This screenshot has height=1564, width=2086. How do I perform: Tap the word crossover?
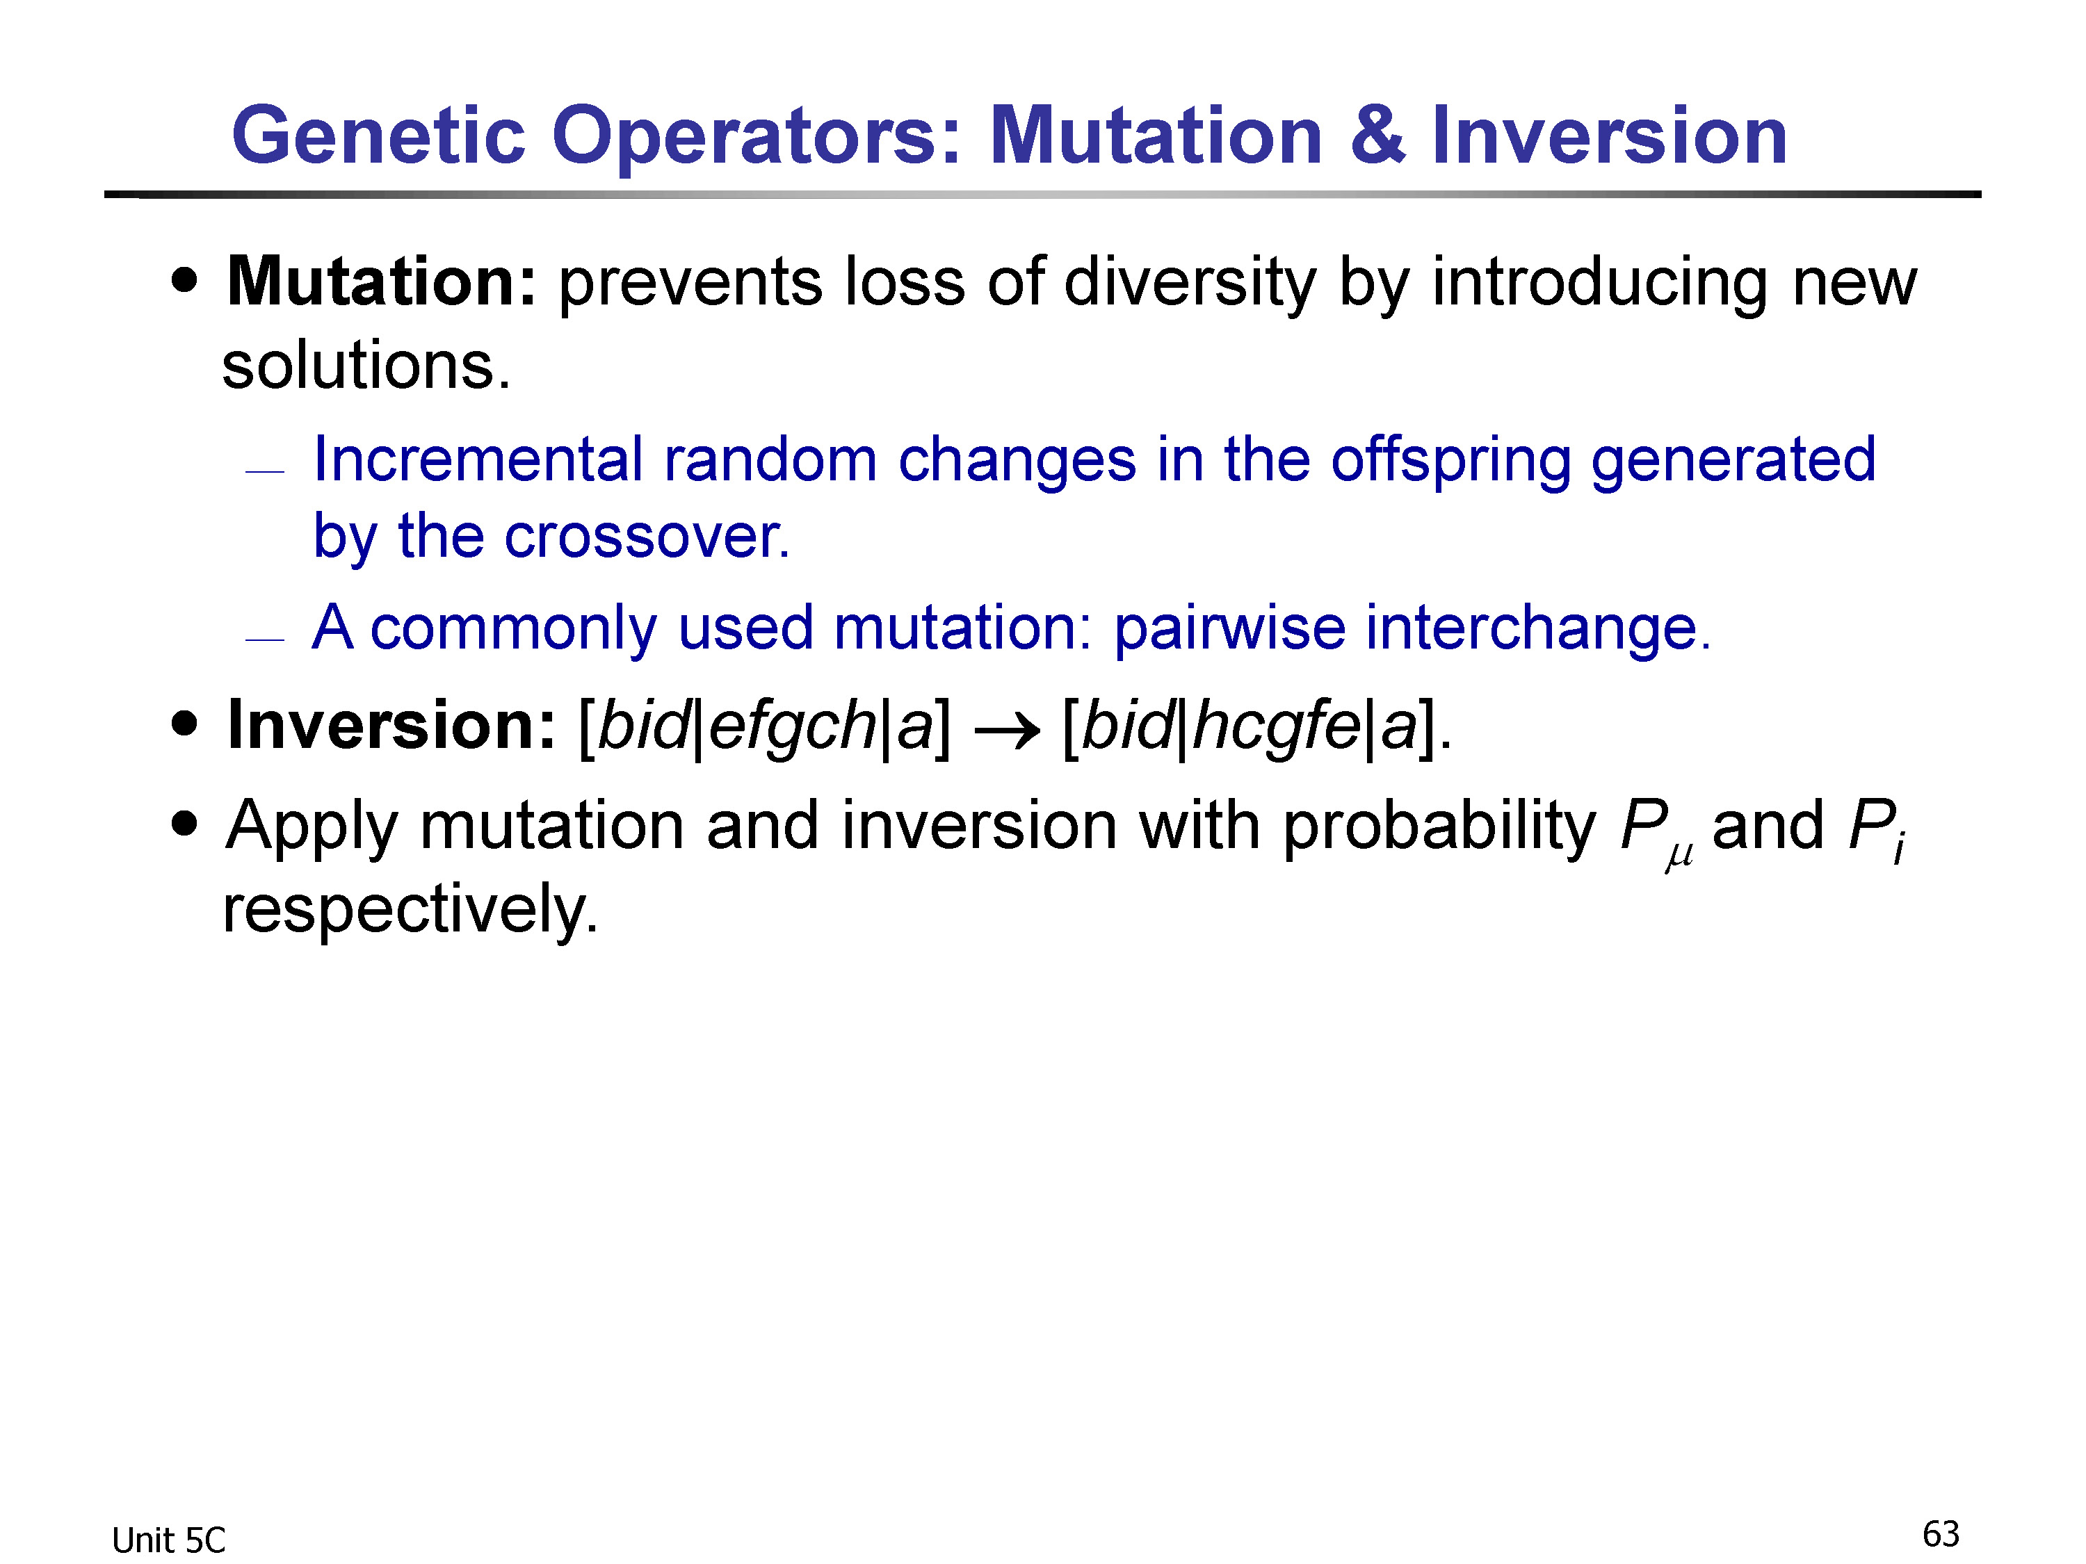[647, 537]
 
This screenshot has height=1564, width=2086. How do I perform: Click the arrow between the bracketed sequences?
[1006, 728]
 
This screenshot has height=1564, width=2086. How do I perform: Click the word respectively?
[410, 910]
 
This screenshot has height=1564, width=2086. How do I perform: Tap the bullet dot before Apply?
[186, 824]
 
